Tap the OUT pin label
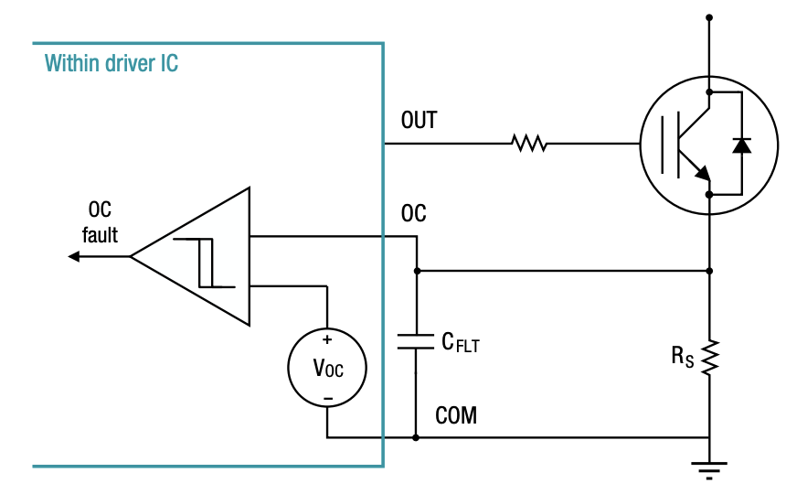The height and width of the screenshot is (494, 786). [419, 121]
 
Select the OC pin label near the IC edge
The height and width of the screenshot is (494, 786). [413, 214]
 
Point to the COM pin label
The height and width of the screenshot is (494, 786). [456, 416]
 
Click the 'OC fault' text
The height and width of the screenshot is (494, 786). [100, 221]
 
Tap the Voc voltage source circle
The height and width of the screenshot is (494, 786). [327, 368]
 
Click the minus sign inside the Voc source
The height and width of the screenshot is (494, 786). [327, 396]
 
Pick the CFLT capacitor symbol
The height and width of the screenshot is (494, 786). [417, 343]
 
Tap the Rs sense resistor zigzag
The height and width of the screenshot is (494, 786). [710, 356]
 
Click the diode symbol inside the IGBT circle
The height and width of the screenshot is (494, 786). [741, 145]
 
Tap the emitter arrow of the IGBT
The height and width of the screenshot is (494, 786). [700, 172]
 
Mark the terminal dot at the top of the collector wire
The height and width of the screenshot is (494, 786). [710, 16]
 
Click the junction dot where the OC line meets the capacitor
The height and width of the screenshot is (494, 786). [417, 271]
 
